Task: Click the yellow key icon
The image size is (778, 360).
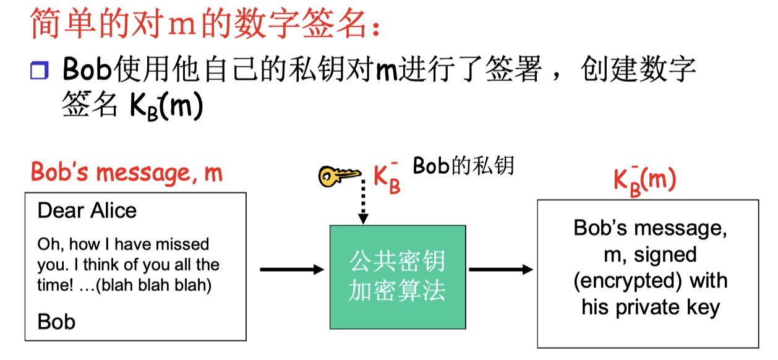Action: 339,176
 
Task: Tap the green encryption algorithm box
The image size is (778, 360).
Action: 397,276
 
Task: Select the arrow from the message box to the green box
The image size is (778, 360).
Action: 291,270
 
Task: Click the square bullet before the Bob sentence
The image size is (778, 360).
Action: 39,71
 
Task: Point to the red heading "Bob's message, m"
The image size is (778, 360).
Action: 126,172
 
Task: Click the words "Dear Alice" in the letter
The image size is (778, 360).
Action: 87,211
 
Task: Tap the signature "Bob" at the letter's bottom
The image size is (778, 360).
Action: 56,322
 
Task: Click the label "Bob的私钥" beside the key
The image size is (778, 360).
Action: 463,166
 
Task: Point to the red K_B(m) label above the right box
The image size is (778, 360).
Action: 644,180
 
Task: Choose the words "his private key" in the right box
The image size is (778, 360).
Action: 651,307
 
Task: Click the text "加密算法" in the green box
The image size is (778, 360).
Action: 397,291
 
